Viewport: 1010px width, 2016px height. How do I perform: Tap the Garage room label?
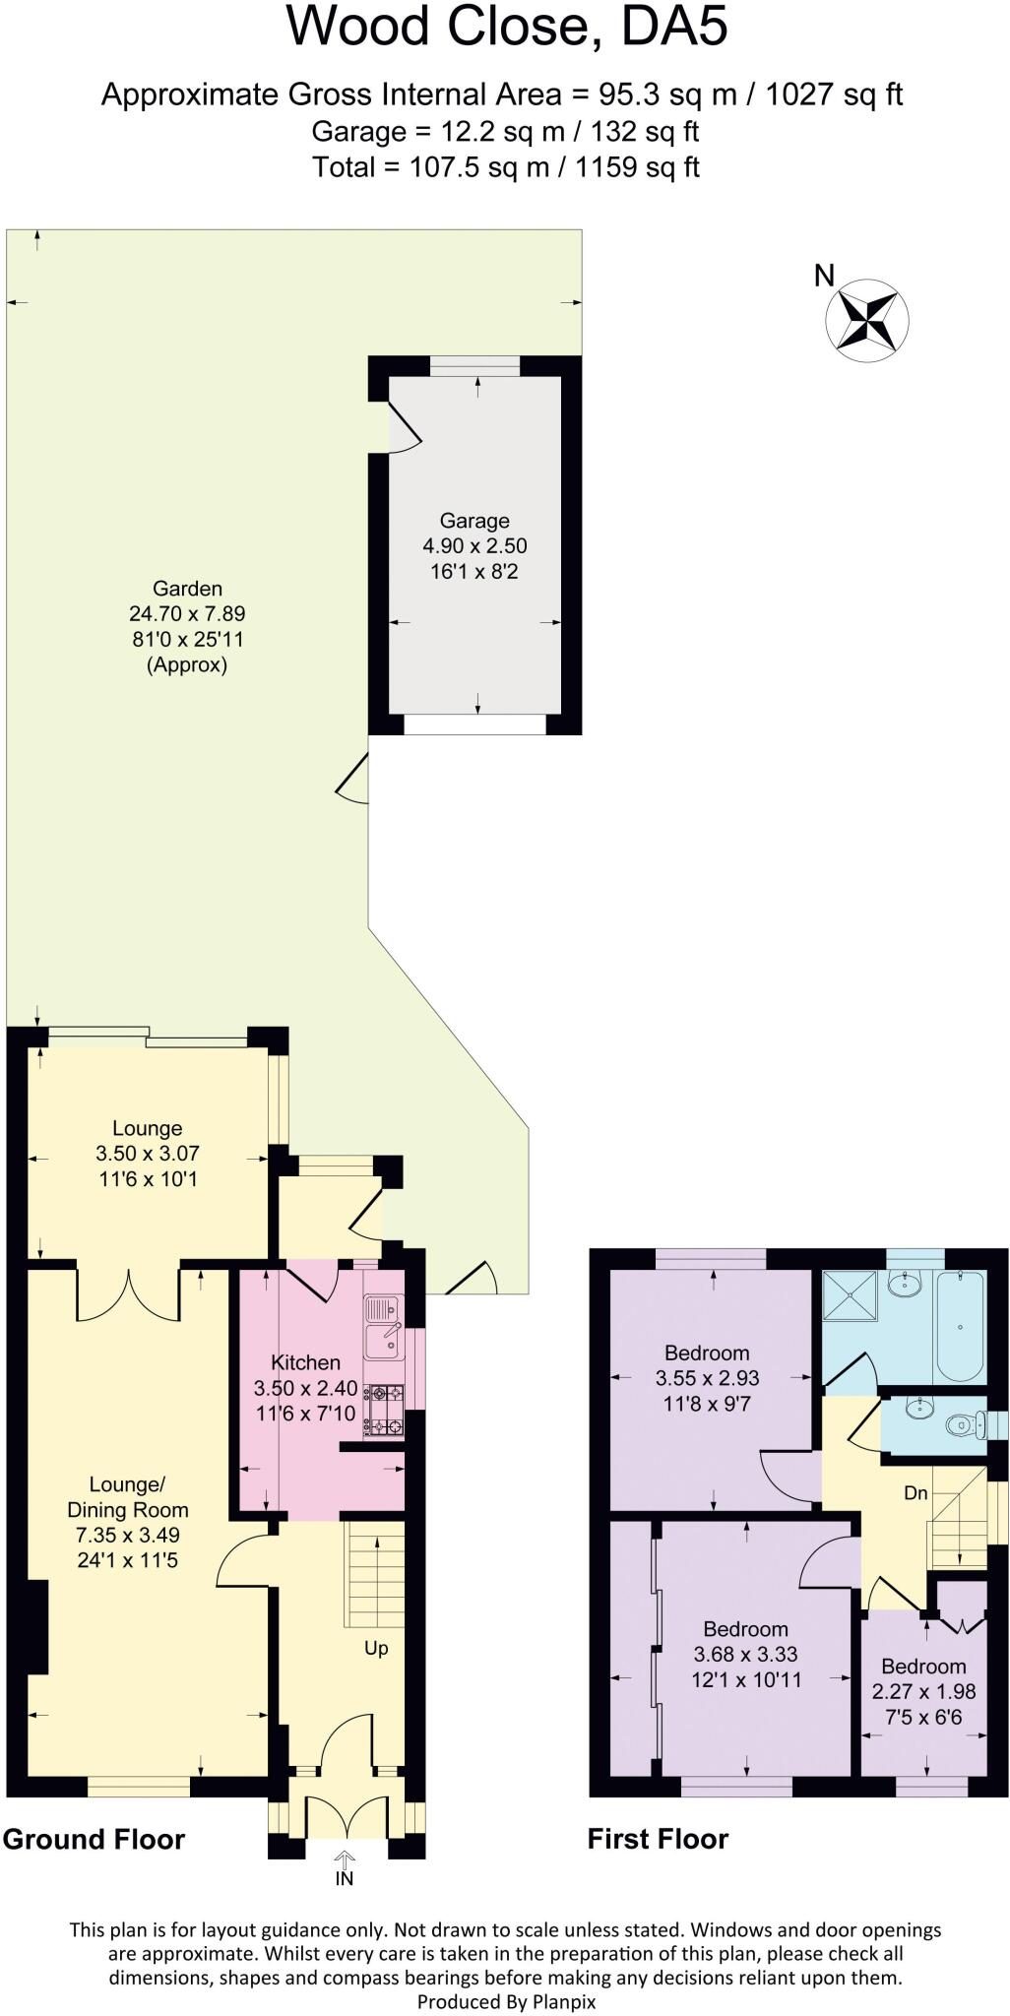tap(474, 521)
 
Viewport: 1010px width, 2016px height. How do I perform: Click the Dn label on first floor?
tap(915, 1492)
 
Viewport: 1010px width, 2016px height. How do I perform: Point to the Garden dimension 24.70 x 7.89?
tap(187, 614)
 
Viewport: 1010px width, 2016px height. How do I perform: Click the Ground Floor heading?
tap(95, 1839)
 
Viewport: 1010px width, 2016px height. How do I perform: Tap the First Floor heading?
tap(658, 1839)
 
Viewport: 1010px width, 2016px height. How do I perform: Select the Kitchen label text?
tap(305, 1362)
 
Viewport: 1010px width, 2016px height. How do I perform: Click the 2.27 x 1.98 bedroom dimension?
tap(923, 1691)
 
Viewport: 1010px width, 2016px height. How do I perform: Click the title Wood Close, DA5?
tap(506, 28)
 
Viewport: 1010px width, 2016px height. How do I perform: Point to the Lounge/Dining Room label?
tap(127, 1496)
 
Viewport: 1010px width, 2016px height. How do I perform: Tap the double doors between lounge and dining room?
tap(128, 1293)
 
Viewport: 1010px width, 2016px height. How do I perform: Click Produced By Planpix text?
tap(506, 2001)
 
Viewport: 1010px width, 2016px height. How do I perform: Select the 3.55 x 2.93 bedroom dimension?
tap(707, 1378)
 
